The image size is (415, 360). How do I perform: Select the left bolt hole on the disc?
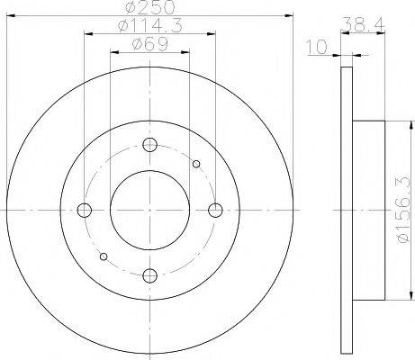pyautogui.click(x=86, y=210)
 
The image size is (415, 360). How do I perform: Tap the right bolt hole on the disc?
pyautogui.click(x=215, y=210)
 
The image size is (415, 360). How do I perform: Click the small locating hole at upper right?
pyautogui.click(x=196, y=163)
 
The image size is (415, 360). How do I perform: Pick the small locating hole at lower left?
pyautogui.click(x=104, y=256)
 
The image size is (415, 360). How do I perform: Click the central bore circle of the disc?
pyautogui.click(x=150, y=210)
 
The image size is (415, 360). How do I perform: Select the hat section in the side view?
pyautogui.click(x=369, y=210)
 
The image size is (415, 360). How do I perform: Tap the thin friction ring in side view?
pyautogui.click(x=350, y=210)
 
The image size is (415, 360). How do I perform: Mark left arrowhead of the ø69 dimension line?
pyautogui.click(x=113, y=53)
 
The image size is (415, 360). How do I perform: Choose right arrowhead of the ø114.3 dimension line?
pyautogui.click(x=213, y=35)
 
